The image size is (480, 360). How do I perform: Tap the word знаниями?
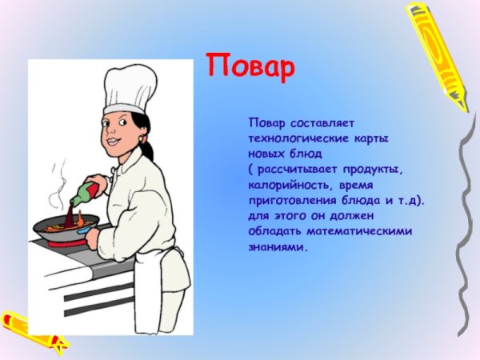point(277,247)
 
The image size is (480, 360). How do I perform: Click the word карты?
point(370,138)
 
